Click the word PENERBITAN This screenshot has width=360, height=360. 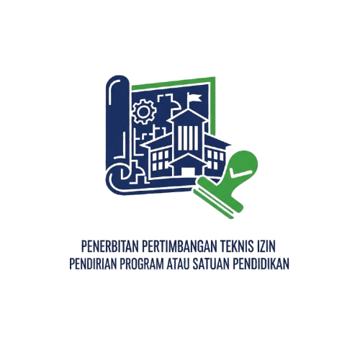[x=109, y=246]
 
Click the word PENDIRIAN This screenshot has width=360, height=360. [x=93, y=264]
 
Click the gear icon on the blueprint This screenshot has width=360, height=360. [x=144, y=112]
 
